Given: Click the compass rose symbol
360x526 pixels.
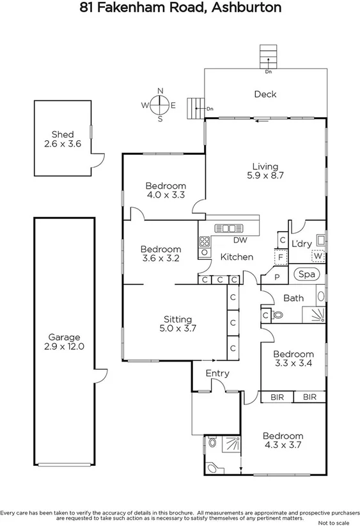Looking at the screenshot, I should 160,104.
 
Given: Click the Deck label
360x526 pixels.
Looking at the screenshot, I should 265,94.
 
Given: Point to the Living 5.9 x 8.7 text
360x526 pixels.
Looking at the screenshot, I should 265,169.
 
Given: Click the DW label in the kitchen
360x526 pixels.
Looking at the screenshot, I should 240,241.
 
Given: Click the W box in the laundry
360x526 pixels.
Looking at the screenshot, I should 318,257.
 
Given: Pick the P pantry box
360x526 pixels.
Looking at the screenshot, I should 278,277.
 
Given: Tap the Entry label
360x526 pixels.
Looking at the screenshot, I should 217,373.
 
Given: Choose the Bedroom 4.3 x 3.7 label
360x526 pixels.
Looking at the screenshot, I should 283,440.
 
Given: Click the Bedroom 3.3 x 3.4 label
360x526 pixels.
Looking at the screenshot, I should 293,358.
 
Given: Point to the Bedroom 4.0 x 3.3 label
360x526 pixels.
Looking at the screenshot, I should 166,190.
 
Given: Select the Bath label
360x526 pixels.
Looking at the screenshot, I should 293,298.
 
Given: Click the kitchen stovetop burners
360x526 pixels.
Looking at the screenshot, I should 205,241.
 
